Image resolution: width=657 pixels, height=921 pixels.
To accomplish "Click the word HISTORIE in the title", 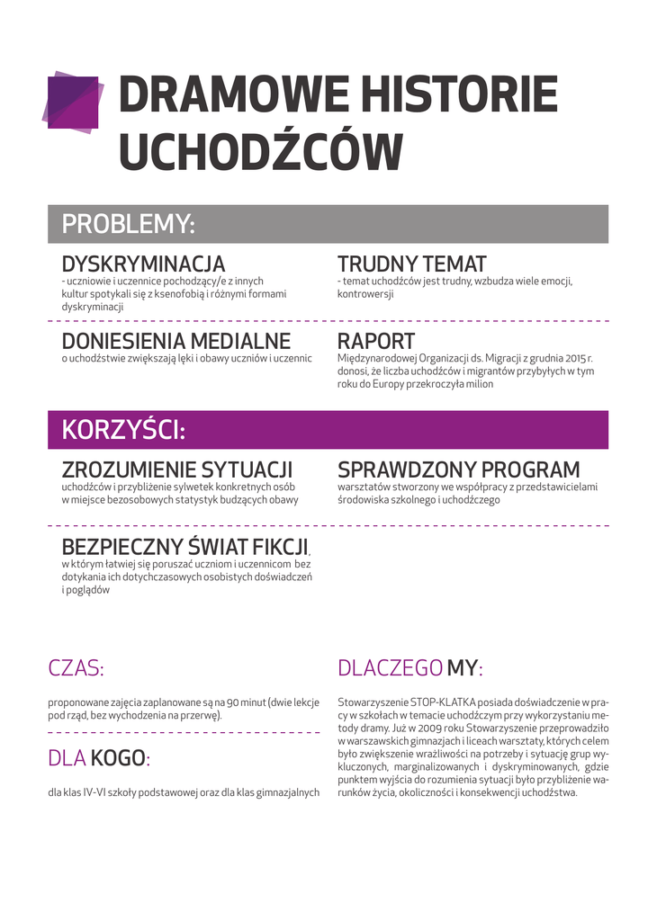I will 458,95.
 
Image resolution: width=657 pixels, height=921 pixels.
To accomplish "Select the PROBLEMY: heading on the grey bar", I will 128,224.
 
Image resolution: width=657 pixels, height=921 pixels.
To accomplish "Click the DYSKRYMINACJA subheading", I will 143,264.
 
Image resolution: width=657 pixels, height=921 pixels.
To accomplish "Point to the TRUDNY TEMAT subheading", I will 411,264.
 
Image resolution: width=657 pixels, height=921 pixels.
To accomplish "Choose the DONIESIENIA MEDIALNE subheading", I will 175,342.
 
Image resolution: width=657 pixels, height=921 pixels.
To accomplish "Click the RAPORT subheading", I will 375,342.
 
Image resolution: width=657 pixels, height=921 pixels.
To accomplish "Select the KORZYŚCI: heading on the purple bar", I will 123,430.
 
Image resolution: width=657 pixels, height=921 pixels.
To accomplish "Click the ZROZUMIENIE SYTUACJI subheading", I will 177,470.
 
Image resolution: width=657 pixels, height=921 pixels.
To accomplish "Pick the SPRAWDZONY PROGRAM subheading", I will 458,470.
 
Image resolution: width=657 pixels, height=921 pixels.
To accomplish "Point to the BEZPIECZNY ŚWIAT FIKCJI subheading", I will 185,547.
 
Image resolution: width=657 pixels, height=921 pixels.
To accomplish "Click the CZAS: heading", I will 76,668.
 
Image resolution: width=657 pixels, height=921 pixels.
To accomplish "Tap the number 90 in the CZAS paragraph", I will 232,702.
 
